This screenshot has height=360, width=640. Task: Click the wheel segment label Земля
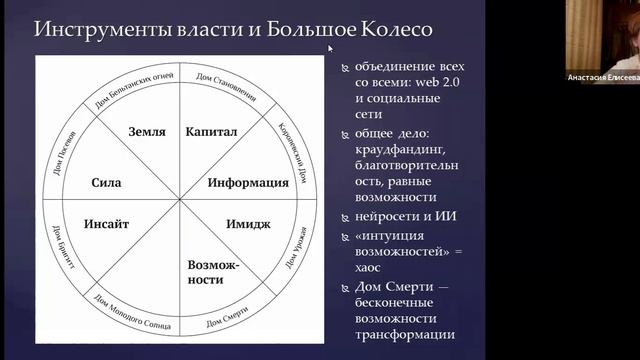[x=147, y=131]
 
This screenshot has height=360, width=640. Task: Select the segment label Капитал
[x=210, y=131]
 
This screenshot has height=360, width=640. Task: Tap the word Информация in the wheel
[x=239, y=183]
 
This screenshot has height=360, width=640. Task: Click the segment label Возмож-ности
[x=206, y=273]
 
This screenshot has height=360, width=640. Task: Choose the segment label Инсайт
[x=115, y=224]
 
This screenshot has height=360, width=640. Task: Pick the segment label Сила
[x=106, y=183]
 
